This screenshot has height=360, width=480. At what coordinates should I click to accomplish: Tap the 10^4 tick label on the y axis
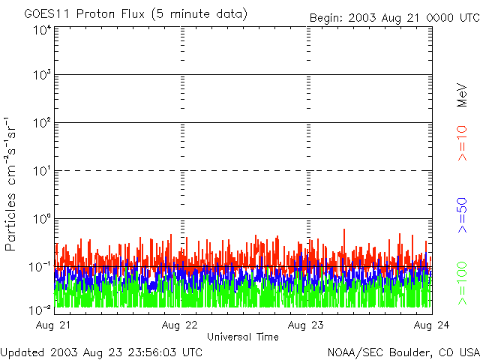[42, 30]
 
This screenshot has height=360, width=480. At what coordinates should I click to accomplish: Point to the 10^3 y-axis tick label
[42, 76]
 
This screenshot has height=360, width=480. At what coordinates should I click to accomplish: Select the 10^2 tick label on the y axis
[42, 124]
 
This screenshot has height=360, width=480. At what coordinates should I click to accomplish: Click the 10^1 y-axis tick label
[42, 171]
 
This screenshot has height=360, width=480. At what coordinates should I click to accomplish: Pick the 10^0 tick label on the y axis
[42, 219]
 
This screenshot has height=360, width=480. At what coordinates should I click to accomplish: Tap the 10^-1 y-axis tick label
[40, 266]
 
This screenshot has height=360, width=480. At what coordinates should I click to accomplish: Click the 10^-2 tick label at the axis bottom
[40, 309]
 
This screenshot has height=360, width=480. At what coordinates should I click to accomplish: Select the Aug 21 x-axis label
[55, 325]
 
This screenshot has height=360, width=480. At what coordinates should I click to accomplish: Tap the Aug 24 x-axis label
[432, 325]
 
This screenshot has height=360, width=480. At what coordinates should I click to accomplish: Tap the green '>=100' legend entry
[462, 281]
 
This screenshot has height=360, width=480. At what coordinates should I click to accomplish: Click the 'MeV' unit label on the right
[462, 94]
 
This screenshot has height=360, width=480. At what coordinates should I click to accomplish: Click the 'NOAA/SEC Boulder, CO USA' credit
[403, 352]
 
